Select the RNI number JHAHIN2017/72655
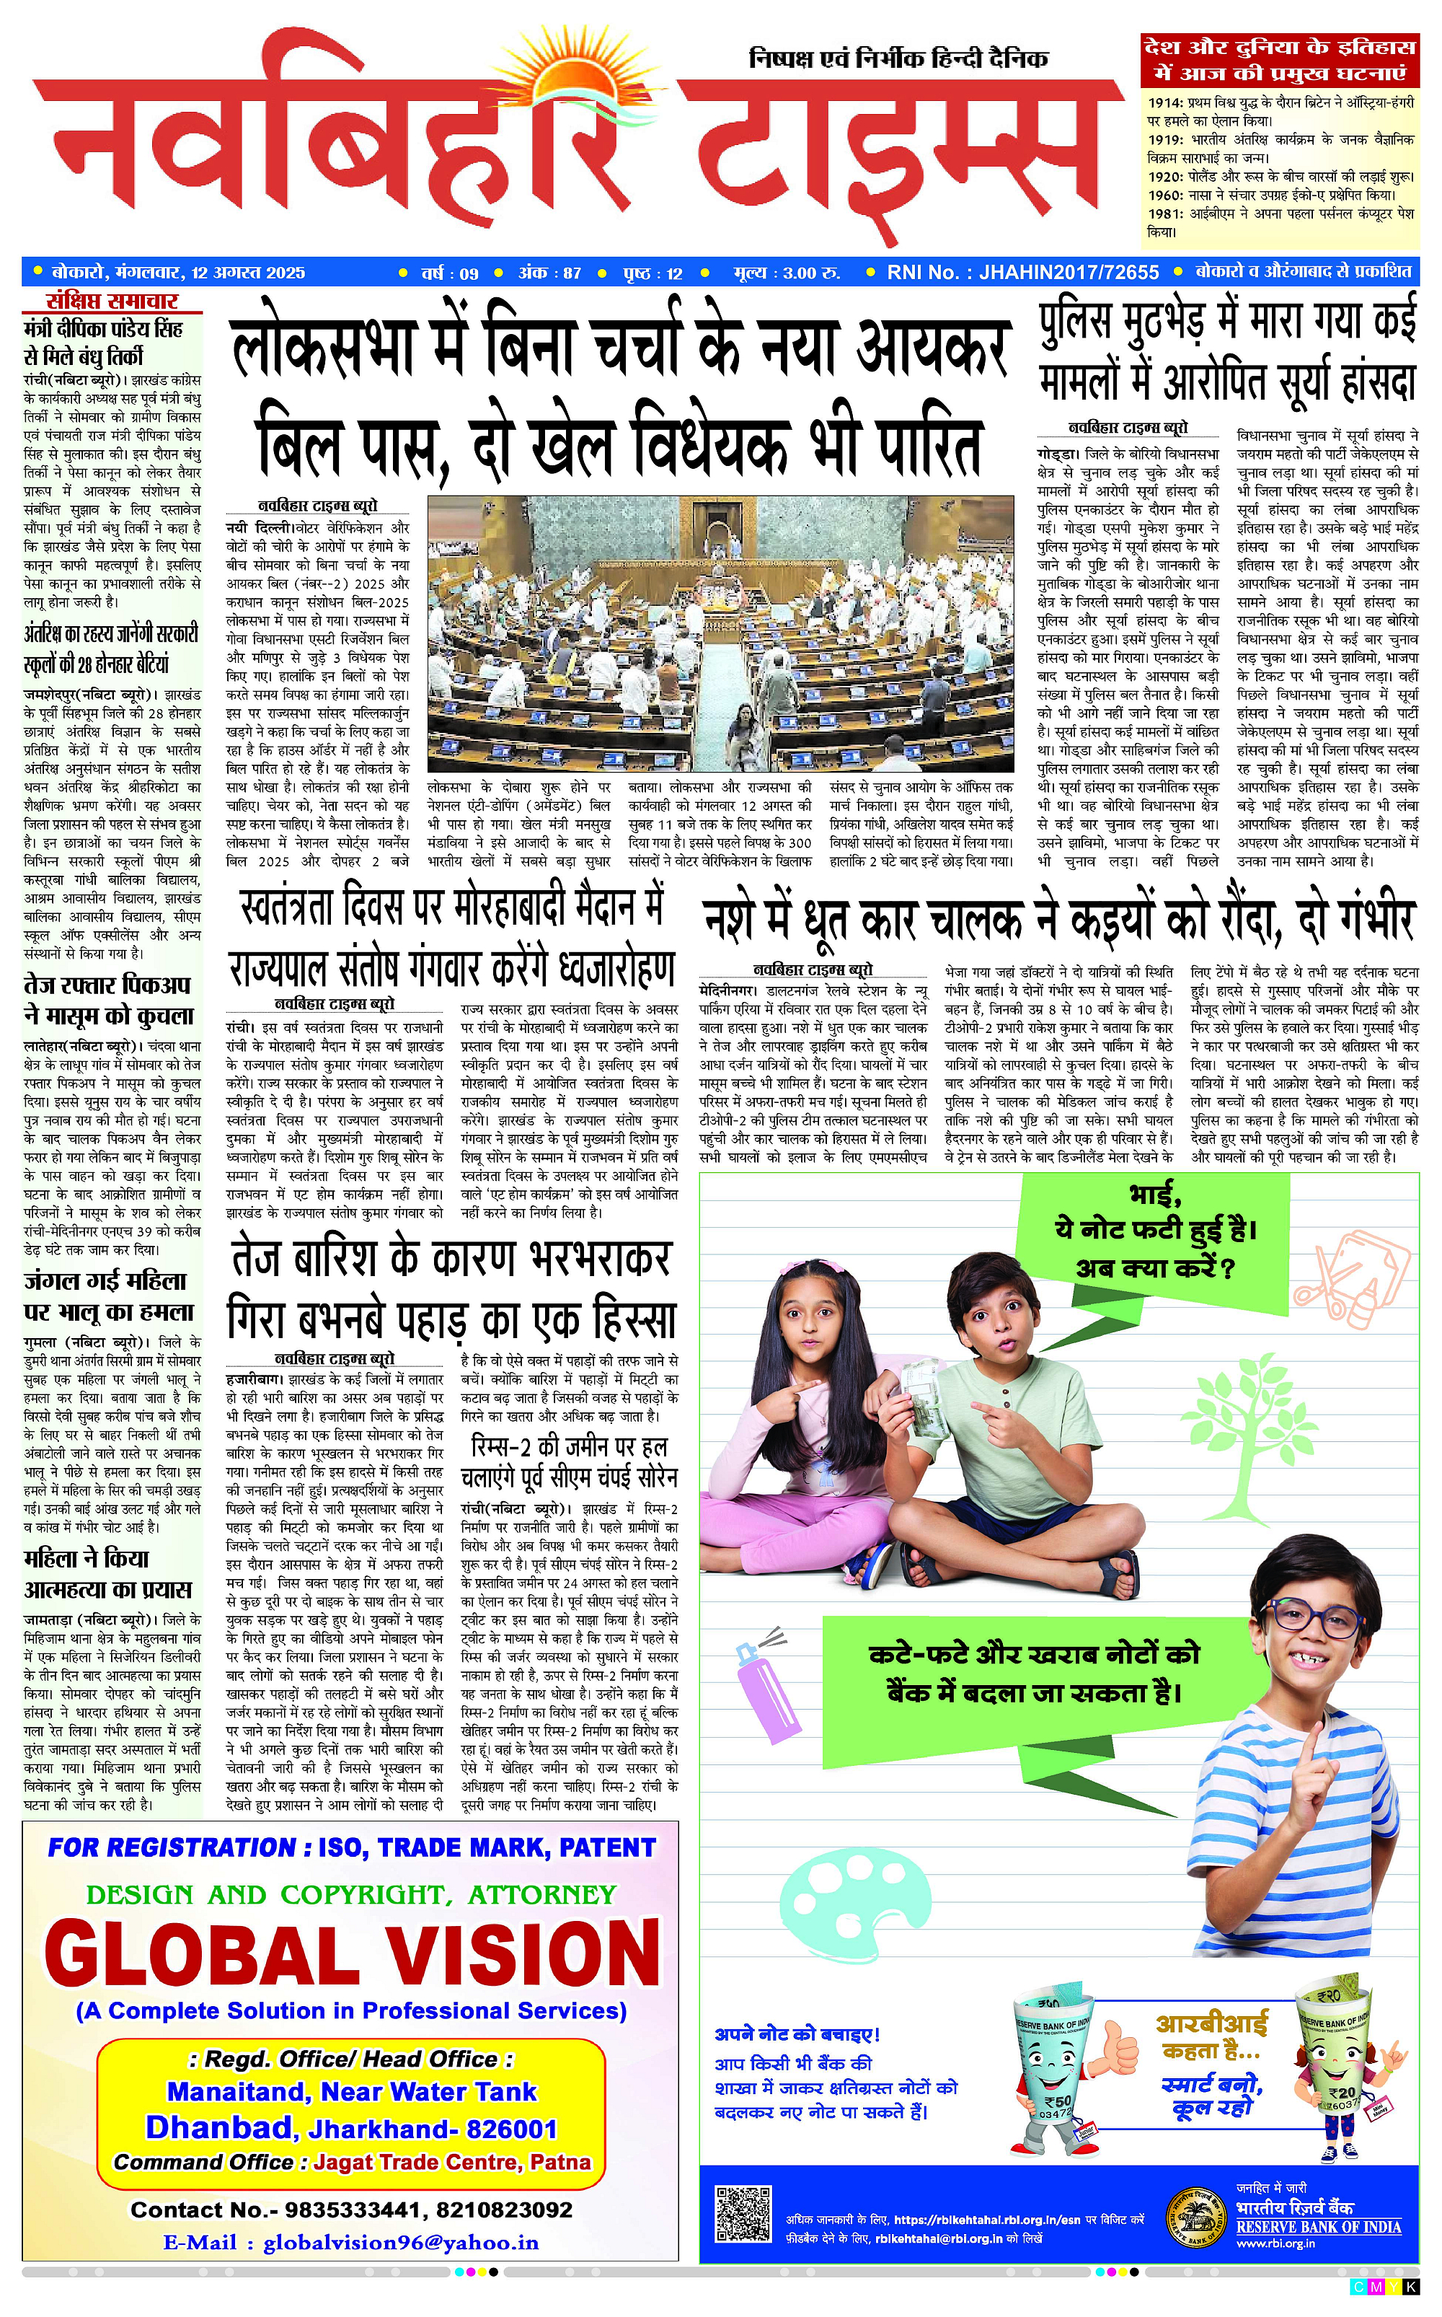[x=1022, y=273]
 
